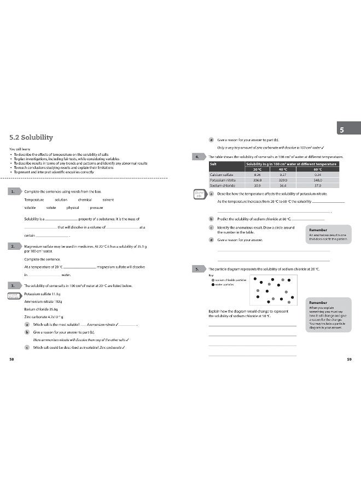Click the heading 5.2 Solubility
31,137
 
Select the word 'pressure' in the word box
96,208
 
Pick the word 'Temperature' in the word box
34,200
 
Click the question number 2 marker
14,247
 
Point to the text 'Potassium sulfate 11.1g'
42,294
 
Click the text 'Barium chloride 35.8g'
41,309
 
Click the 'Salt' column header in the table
214,164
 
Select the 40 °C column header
283,169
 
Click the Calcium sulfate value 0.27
283,174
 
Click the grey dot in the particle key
212,279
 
